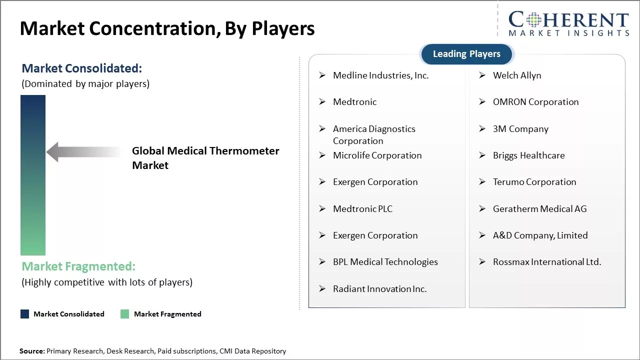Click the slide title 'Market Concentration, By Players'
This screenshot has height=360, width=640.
pos(167,28)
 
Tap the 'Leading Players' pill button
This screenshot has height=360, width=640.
pos(466,54)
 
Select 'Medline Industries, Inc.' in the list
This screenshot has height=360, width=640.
pos(380,75)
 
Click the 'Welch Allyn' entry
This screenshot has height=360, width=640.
pos(516,75)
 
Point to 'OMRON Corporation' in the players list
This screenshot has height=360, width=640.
pos(535,102)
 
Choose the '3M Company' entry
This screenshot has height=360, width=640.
pos(520,129)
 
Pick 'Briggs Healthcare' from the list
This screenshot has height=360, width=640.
pos(528,155)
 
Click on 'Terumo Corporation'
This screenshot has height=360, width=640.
pos(534,182)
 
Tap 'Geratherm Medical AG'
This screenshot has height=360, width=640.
pos(539,209)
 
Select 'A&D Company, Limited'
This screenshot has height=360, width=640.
pos(540,235)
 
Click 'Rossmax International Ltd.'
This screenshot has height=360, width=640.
pos(546,262)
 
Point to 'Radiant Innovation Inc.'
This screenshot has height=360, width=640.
pos(379,289)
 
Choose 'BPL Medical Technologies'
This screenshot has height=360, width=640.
pos(385,262)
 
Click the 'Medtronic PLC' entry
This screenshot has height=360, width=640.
pos(362,209)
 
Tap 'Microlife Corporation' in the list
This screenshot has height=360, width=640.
pos(377,155)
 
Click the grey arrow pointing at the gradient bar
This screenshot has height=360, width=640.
pos(82,152)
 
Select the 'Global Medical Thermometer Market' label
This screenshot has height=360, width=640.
pos(205,158)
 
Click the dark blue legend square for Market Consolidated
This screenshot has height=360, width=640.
pos(24,314)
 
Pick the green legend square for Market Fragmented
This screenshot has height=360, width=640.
pos(125,314)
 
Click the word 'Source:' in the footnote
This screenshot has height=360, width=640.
pos(32,351)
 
